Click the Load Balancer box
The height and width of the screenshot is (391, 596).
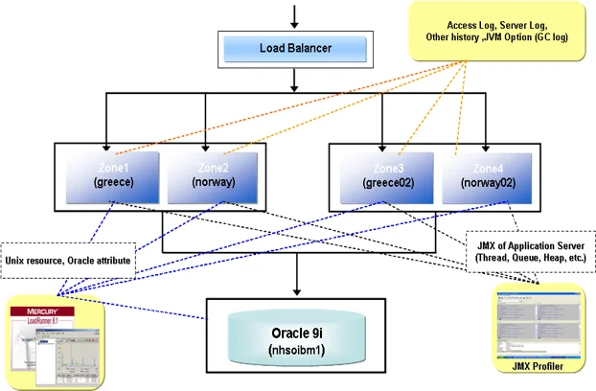(x=294, y=48)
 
